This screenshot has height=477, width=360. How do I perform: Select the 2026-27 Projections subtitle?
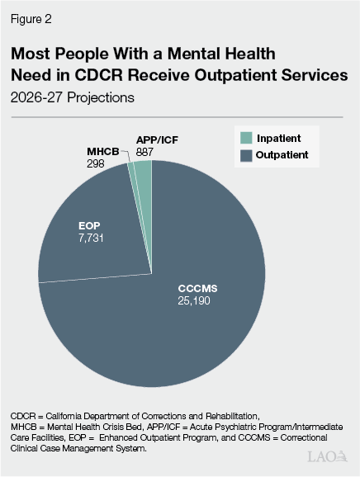tap(71, 96)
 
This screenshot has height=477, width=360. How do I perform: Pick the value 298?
tap(97, 164)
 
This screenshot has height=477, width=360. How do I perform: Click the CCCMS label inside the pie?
tap(201, 289)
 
